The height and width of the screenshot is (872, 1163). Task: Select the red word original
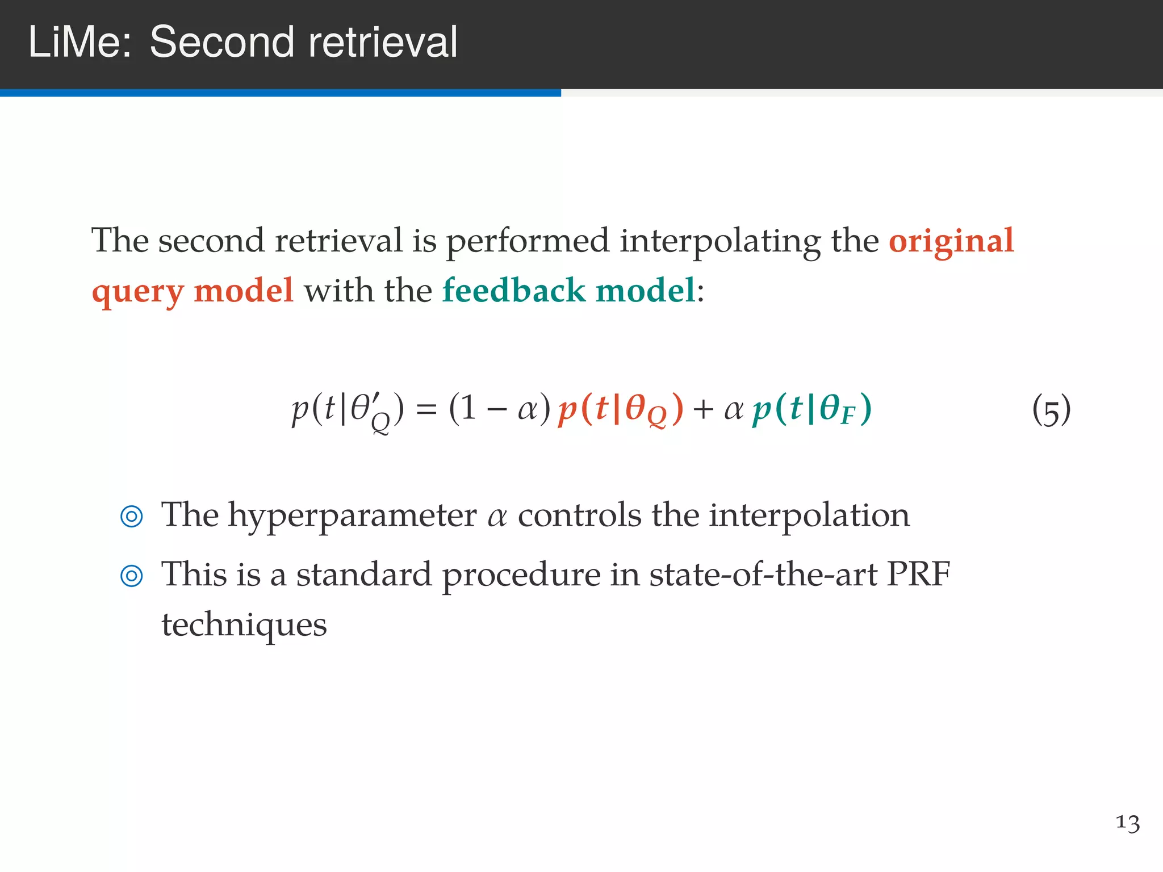[951, 241]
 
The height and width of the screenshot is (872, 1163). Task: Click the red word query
[137, 292]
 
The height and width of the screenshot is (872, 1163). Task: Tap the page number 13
[1127, 823]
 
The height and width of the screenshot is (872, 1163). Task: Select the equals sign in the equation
[426, 409]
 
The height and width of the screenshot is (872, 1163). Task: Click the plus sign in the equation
[703, 409]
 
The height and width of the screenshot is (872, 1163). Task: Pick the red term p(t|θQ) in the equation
[621, 409]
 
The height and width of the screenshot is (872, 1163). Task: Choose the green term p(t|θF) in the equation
[812, 409]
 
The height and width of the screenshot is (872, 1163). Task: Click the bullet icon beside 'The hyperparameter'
[132, 517]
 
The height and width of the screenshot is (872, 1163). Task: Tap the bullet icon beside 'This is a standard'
[132, 576]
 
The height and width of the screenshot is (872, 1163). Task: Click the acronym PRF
[918, 575]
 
